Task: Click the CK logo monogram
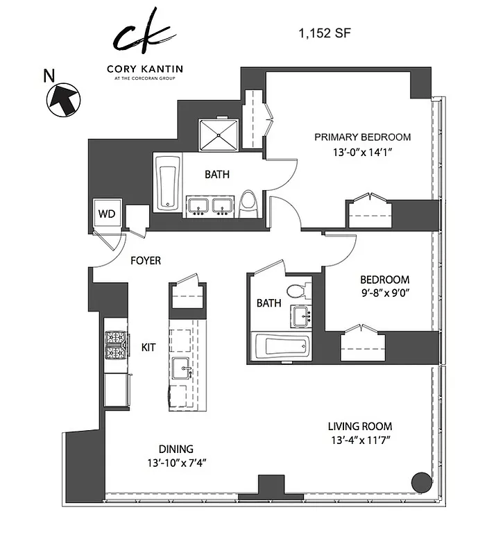pos(144,33)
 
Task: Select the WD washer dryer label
pos(106,213)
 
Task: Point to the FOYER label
pos(146,261)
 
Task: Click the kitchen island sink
pos(181,370)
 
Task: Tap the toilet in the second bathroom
pos(296,291)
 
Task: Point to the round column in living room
pos(420,481)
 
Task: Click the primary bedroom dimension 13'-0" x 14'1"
pos(362,154)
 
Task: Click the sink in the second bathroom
pos(302,317)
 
